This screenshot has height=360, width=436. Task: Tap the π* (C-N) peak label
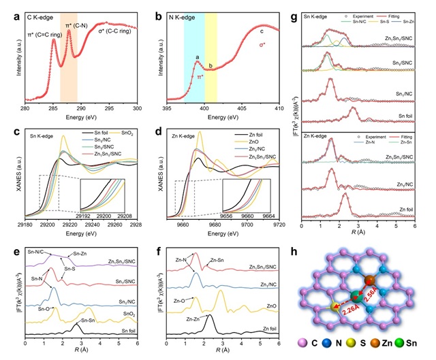69,25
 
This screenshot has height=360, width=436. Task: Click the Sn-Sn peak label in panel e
87,320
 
